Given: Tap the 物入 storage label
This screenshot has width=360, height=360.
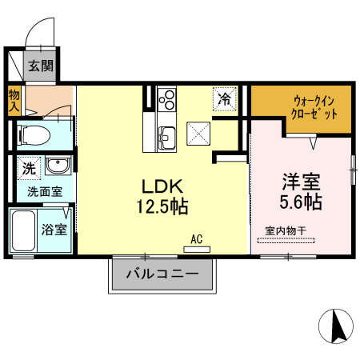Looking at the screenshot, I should pos(14,100).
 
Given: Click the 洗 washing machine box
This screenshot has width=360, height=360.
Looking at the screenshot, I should pos(28,169).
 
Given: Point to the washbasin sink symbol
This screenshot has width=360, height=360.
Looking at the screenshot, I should pos(57,167).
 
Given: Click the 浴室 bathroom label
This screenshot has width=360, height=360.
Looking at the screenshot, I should pos(54,228).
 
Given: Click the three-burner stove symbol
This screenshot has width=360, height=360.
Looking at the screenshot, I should pos(167,100).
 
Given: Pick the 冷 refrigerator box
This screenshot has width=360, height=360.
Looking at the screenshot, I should pos(225,99).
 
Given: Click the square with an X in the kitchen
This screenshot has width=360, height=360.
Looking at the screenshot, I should pos(197,132).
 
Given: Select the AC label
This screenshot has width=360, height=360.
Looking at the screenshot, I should pos(197,238).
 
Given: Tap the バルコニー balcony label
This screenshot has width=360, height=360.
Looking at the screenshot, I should pos(162,275).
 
